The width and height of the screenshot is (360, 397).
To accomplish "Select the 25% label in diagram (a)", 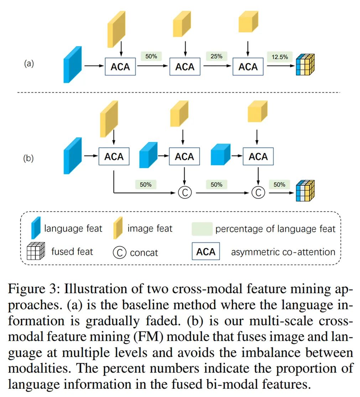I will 216,56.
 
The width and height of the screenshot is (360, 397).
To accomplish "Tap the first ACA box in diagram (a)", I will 120,67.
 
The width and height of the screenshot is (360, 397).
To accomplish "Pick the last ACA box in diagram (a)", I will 248,67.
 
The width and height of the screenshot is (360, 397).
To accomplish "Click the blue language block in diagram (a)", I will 73,65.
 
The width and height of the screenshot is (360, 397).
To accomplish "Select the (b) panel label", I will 29,157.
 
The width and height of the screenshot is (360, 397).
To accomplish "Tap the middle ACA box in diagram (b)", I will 184,157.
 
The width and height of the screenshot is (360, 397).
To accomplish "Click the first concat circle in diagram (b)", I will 185,193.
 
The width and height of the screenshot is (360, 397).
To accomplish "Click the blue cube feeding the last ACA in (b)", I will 221,154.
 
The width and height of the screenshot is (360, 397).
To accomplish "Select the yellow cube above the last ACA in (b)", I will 257,111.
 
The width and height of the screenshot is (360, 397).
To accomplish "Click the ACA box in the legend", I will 206,252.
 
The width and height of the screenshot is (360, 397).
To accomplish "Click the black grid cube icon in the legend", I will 36,252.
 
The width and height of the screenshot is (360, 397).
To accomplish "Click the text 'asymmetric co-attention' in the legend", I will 283,252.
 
